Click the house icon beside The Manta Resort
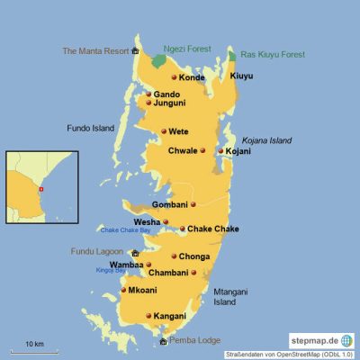(135, 51)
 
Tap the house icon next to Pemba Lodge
(162, 341)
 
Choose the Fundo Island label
(90, 129)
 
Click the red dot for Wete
(163, 132)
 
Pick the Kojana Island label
(268, 140)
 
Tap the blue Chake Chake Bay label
(125, 231)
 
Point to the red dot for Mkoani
(123, 291)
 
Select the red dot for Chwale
(202, 150)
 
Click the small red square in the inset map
(40, 191)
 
